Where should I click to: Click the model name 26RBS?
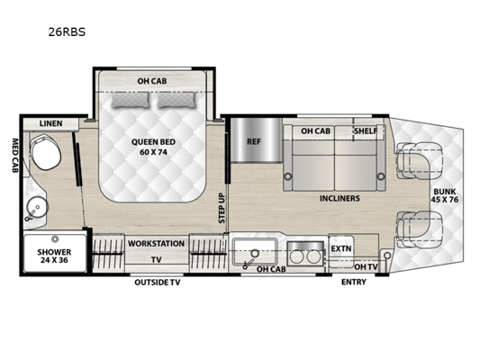pyautogui.click(x=67, y=32)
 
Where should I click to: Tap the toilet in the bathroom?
pyautogui.click(x=45, y=152)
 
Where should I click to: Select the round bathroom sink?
pyautogui.click(x=36, y=207)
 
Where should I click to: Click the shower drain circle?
pyautogui.click(x=55, y=239)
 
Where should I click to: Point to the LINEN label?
pyautogui.click(x=50, y=123)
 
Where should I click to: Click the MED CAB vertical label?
pyautogui.click(x=15, y=156)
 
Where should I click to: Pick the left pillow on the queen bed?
pyautogui.click(x=131, y=100)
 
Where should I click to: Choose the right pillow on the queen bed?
pyautogui.click(x=177, y=100)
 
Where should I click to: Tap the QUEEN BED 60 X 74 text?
pyautogui.click(x=153, y=147)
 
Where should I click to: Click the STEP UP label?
pyautogui.click(x=222, y=208)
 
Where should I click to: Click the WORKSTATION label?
pyautogui.click(x=156, y=244)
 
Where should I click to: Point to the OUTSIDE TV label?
pyautogui.click(x=158, y=282)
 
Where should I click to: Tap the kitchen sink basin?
pyautogui.click(x=255, y=252)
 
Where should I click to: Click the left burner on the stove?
pyautogui.click(x=296, y=256)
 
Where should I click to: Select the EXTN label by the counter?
pyautogui.click(x=341, y=248)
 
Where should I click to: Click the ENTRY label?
pyautogui.click(x=354, y=282)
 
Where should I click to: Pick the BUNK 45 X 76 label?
pyautogui.click(x=445, y=195)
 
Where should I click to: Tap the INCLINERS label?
pyautogui.click(x=340, y=199)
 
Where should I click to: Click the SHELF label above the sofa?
pyautogui.click(x=366, y=130)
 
